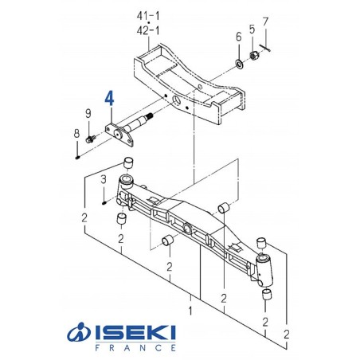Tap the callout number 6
coord(238,37)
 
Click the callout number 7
coord(266,21)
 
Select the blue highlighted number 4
coord(110,98)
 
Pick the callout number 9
coord(88,114)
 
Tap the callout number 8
coord(76,132)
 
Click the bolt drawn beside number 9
coord(92,138)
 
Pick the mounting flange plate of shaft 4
coord(119,132)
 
